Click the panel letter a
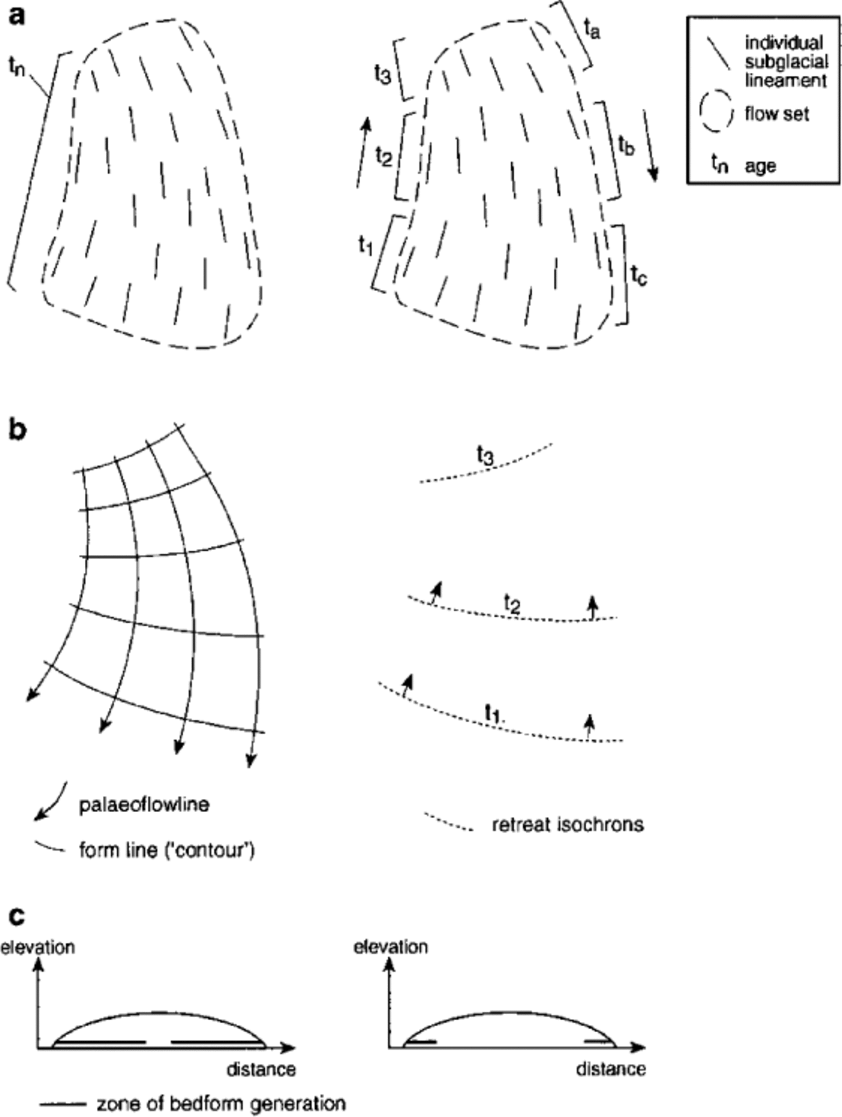click(17, 16)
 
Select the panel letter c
click(17, 916)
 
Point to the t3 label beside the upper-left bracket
click(383, 75)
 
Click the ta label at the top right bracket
click(592, 28)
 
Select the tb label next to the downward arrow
click(626, 145)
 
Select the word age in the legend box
click(760, 166)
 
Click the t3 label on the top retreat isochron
click(485, 455)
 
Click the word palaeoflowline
click(144, 804)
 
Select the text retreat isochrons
click(568, 824)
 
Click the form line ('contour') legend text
click(167, 851)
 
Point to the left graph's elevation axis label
click(37, 947)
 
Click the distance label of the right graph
click(610, 1070)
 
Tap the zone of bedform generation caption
click(221, 1104)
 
